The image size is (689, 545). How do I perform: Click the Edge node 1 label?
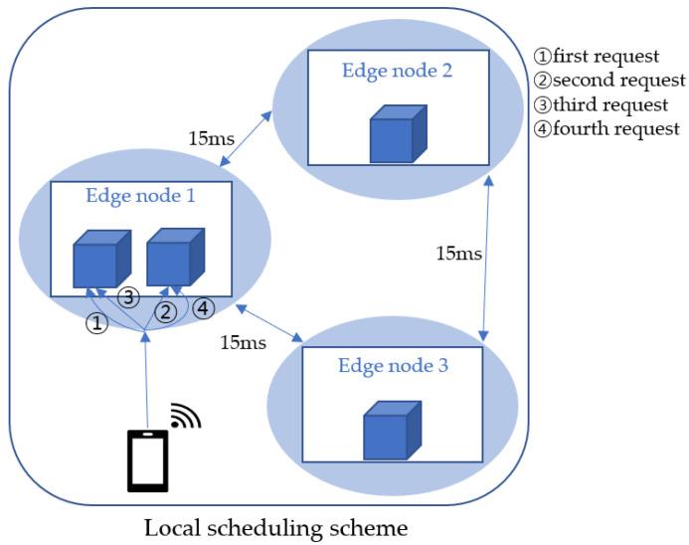tap(139, 196)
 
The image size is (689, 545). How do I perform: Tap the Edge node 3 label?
tap(394, 365)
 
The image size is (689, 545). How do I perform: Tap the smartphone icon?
tap(147, 460)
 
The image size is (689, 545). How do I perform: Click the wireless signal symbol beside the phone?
tap(183, 416)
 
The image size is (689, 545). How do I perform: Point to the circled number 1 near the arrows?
tap(95, 323)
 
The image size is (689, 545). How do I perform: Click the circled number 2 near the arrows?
tap(168, 311)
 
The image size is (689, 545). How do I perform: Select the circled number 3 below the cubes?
tap(127, 297)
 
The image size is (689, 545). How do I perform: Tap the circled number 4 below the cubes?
tap(202, 308)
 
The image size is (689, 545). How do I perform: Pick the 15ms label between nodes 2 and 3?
tap(458, 254)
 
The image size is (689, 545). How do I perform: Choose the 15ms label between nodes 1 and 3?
tap(243, 343)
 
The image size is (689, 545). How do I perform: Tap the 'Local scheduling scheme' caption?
tap(275, 524)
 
